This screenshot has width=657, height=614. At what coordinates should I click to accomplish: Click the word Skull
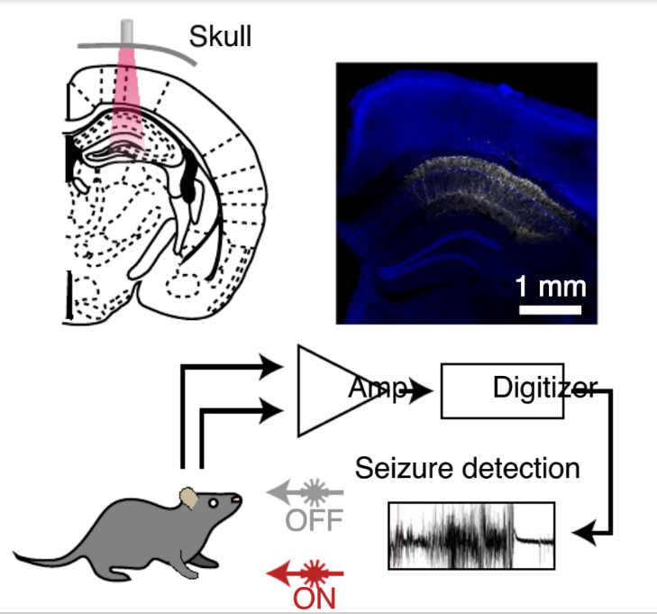(x=220, y=36)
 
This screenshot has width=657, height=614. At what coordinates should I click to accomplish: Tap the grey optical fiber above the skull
(x=127, y=32)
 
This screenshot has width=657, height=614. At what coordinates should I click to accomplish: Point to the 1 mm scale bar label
(x=550, y=287)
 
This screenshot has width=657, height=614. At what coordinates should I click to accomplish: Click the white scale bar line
(x=550, y=310)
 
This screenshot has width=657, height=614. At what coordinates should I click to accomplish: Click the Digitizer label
(x=545, y=388)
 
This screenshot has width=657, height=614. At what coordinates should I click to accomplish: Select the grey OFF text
(x=315, y=520)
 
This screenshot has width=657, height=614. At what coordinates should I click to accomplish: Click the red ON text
(x=315, y=598)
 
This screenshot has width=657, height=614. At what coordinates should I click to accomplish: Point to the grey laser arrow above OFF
(x=305, y=492)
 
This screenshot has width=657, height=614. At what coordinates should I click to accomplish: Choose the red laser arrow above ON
(x=305, y=573)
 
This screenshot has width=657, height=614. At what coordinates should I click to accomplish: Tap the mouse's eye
(x=214, y=502)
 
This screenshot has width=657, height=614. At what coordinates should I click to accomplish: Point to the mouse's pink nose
(x=238, y=499)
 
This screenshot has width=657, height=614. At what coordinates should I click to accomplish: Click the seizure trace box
(x=472, y=536)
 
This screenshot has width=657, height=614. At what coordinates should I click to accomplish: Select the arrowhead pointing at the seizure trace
(x=584, y=534)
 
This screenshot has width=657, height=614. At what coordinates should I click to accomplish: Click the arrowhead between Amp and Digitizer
(x=420, y=391)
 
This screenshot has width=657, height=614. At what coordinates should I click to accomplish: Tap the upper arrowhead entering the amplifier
(x=271, y=366)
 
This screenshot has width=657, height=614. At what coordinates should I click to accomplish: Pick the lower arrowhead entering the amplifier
(x=271, y=410)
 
